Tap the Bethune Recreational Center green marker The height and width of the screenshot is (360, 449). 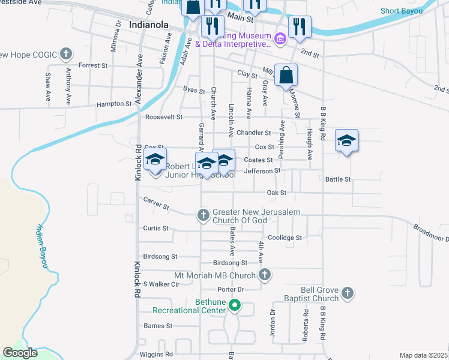pyautogui.click(x=235, y=307)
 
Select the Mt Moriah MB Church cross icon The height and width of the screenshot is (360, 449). pyautogui.click(x=265, y=275)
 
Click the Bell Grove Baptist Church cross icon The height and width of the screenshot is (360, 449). pyautogui.click(x=346, y=293)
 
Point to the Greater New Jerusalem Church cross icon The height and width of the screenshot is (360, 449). pyautogui.click(x=203, y=214)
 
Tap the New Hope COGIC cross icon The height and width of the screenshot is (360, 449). pyautogui.click(x=65, y=55)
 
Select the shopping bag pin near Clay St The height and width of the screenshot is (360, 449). pyautogui.click(x=286, y=76)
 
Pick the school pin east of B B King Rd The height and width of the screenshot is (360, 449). pyautogui.click(x=346, y=141)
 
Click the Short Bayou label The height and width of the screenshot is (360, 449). pyautogui.click(x=401, y=11)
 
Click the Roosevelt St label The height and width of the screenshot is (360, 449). pyautogui.click(x=162, y=117)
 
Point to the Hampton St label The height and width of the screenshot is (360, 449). pyautogui.click(x=114, y=104)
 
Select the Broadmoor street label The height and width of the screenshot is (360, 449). pyautogui.click(x=430, y=233)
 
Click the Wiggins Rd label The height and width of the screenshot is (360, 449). pyautogui.click(x=156, y=354)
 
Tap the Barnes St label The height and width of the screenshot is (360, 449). pyautogui.click(x=158, y=326)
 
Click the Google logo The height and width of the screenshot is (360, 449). pyautogui.click(x=20, y=353)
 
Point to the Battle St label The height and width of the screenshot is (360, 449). pyautogui.click(x=337, y=179)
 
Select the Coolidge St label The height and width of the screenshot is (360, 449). pyautogui.click(x=285, y=238)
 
